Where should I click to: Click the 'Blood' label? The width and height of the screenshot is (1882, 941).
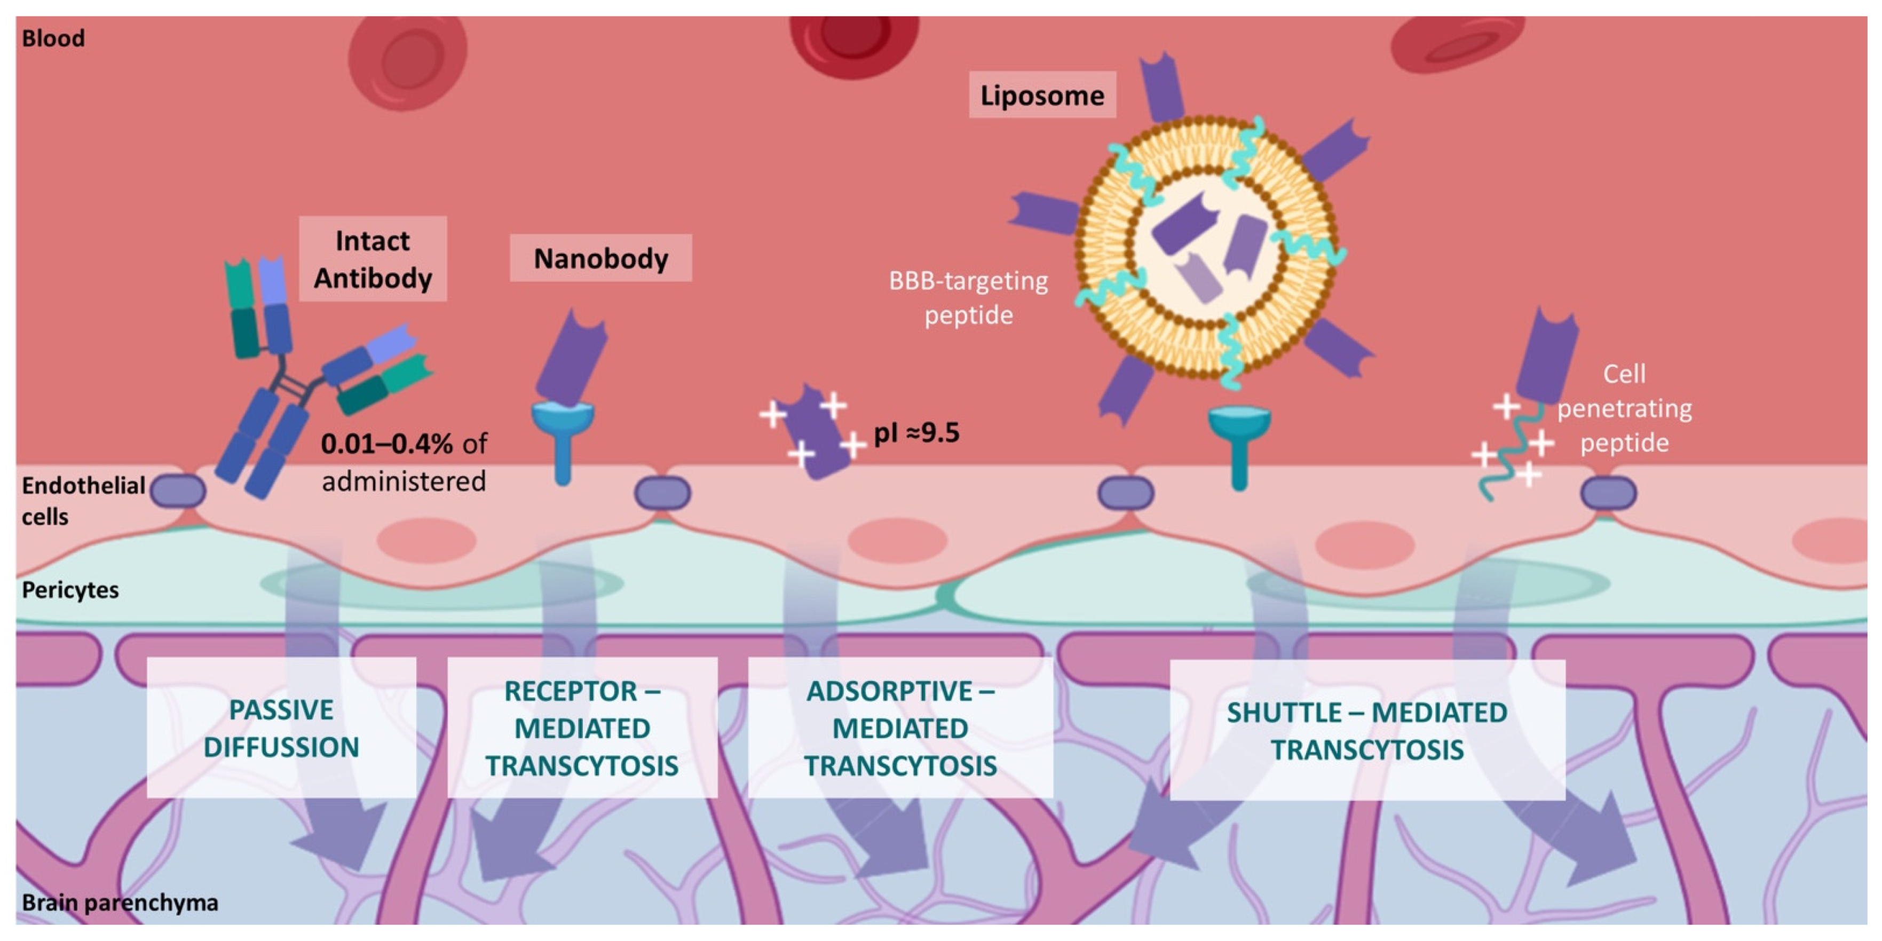(53, 38)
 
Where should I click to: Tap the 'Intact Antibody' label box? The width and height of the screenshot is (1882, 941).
(373, 259)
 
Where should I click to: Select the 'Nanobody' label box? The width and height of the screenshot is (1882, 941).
(600, 258)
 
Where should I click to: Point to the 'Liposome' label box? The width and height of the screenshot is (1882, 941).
(1042, 95)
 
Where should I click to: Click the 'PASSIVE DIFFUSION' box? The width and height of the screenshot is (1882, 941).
(281, 728)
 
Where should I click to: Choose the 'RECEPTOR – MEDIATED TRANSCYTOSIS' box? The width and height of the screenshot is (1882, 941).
(582, 728)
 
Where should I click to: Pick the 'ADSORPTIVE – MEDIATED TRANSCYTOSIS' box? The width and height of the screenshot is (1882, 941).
(900, 728)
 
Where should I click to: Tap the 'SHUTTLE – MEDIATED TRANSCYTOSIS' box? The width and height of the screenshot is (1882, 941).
(1367, 731)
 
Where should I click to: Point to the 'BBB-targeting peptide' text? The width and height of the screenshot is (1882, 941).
(968, 297)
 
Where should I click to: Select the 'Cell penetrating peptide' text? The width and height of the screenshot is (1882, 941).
(1624, 408)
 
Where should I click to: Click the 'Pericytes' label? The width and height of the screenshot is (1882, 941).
(70, 590)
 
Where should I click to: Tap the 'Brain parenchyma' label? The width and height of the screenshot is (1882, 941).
(120, 902)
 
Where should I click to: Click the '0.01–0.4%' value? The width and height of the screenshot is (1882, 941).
(386, 444)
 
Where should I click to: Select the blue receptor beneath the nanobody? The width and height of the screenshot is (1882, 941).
(562, 438)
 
